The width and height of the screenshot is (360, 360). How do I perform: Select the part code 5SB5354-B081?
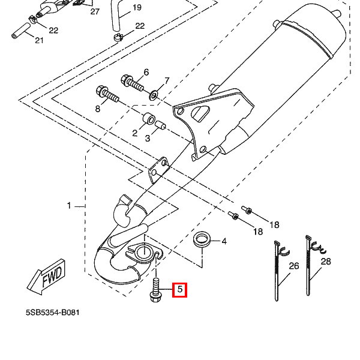52,313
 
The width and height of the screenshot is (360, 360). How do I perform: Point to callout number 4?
224,241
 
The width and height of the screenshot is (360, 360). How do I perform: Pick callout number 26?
293,266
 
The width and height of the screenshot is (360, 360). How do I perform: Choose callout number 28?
326,262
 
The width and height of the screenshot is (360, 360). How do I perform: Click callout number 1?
69,206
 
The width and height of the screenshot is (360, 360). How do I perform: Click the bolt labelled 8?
107,95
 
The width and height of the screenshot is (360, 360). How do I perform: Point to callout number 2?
135,133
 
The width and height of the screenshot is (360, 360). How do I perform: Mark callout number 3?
148,138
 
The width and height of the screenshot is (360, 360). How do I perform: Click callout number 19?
137,8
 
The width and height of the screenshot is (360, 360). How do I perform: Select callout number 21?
39,41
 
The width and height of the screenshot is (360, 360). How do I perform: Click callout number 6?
146,73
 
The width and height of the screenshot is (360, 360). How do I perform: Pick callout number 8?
97,109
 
